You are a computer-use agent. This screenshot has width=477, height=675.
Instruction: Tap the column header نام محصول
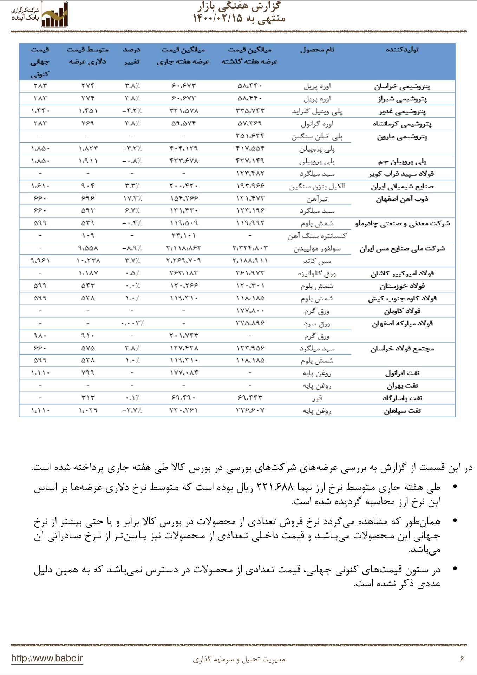click(x=317, y=50)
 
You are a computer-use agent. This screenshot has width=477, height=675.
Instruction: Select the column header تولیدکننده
click(x=402, y=50)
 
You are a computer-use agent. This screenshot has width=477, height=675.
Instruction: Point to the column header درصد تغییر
click(x=132, y=56)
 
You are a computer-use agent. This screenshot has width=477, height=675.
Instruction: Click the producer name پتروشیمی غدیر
click(x=402, y=111)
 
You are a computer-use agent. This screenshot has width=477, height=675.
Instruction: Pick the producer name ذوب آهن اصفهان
click(x=402, y=199)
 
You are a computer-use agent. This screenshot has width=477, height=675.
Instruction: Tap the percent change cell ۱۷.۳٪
click(x=132, y=199)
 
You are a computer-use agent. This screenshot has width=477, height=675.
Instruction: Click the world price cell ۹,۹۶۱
click(x=40, y=261)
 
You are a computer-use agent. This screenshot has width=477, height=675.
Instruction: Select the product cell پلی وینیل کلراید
click(x=317, y=111)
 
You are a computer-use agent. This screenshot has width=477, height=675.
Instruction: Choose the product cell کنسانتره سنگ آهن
click(x=317, y=236)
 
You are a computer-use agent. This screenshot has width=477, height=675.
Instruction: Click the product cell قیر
click(x=317, y=398)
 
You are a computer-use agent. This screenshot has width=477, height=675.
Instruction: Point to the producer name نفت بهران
click(x=402, y=385)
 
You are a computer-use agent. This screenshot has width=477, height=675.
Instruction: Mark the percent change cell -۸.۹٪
click(x=132, y=248)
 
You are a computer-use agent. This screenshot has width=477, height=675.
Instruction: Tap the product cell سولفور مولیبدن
click(x=317, y=249)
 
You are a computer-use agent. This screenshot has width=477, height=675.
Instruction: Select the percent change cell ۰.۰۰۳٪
click(x=132, y=323)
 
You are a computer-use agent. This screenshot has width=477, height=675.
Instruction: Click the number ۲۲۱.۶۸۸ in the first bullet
click(x=275, y=487)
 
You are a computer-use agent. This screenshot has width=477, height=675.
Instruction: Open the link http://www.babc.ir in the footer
click(x=47, y=658)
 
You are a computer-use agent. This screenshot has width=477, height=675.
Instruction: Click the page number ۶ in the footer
click(x=462, y=658)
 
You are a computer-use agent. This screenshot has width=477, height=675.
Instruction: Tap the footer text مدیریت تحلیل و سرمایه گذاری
click(x=239, y=659)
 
